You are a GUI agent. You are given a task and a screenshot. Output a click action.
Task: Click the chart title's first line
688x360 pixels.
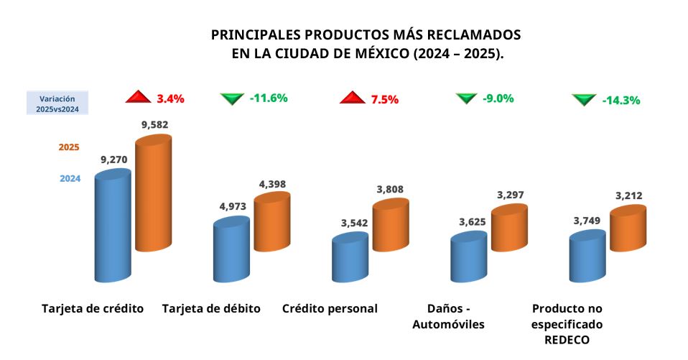click(x=366, y=34)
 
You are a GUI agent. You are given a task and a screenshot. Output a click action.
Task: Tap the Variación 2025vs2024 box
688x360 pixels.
click(x=57, y=102)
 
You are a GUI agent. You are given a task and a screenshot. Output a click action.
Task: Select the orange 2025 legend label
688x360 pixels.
click(x=68, y=147)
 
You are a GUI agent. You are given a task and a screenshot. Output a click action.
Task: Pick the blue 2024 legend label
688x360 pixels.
click(x=69, y=179)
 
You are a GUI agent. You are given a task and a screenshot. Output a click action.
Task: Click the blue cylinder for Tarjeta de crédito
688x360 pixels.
click(x=113, y=226)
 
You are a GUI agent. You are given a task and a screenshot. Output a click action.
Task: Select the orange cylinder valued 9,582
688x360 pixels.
click(x=154, y=194)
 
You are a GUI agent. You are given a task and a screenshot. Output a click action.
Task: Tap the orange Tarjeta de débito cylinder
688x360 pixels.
click(x=271, y=223)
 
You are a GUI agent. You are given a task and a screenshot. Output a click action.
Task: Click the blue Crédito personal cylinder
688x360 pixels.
click(x=350, y=259)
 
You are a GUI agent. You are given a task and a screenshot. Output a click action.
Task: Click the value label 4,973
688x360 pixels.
click(x=233, y=206)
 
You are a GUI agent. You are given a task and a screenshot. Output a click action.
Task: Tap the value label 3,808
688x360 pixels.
click(x=390, y=190)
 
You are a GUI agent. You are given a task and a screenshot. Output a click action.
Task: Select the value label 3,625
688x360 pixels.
click(x=473, y=223)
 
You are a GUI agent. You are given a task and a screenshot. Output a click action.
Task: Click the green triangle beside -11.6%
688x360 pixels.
click(x=232, y=98)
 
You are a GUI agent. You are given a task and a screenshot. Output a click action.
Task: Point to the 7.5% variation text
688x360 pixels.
click(x=384, y=99)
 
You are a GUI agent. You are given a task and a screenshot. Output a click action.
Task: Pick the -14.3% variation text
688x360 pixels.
click(x=620, y=100)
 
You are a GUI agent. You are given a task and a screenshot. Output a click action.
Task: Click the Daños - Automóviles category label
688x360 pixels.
click(x=448, y=316)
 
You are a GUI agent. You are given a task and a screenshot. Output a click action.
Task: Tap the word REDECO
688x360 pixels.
click(x=567, y=340)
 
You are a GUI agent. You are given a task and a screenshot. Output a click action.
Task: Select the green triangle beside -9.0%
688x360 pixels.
click(x=466, y=98)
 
